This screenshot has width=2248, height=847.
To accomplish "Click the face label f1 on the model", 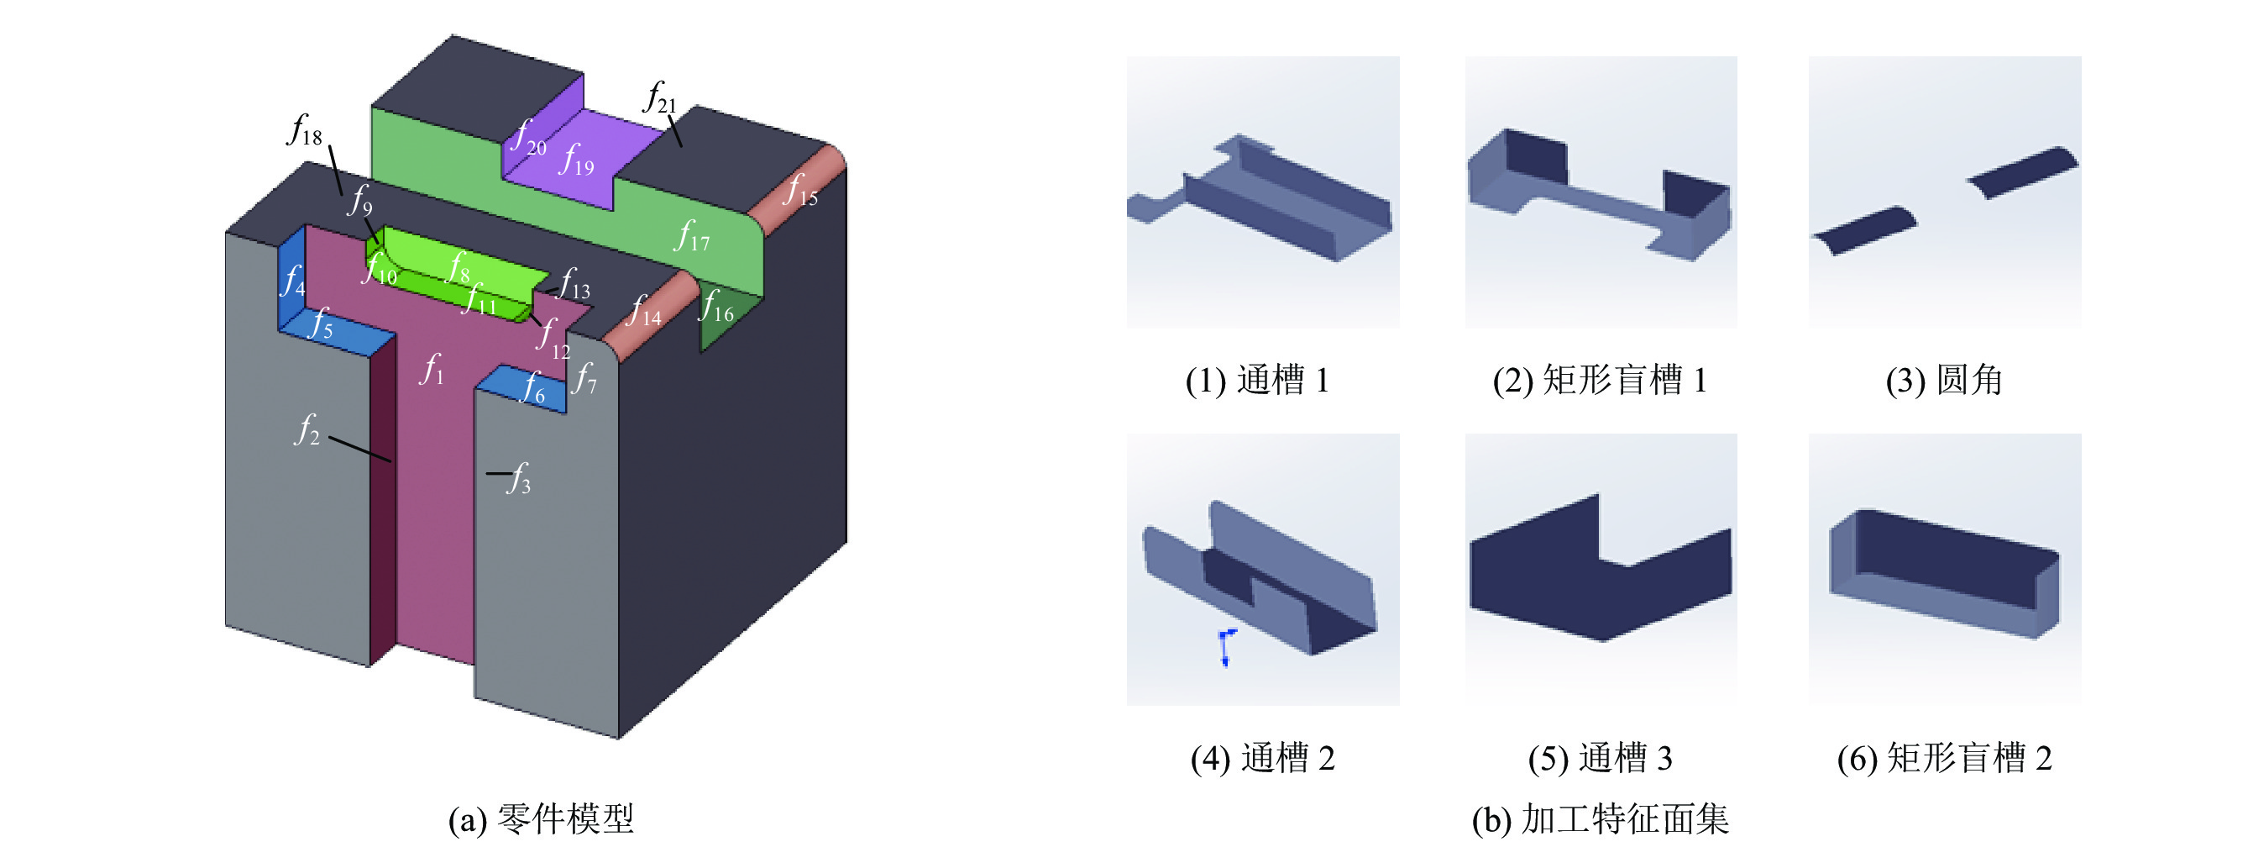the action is tap(432, 370).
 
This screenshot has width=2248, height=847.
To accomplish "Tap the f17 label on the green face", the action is tap(692, 236).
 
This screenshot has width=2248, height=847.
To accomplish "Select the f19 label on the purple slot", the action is tap(578, 160).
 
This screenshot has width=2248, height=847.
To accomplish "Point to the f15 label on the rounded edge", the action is tap(800, 190).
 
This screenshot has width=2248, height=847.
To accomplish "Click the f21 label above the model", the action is tap(660, 97).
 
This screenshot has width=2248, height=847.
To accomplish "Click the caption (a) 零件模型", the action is tap(541, 819).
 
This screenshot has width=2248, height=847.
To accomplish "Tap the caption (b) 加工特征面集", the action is tap(1601, 819).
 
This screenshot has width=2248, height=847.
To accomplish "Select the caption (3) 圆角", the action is tap(1944, 380).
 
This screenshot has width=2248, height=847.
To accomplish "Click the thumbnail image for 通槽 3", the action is tap(1601, 570).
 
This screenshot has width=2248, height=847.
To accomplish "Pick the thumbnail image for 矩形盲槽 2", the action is tap(1945, 570).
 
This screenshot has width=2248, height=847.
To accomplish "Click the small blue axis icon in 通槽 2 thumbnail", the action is tap(1226, 647).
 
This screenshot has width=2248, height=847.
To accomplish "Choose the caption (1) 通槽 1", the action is tap(1257, 380).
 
